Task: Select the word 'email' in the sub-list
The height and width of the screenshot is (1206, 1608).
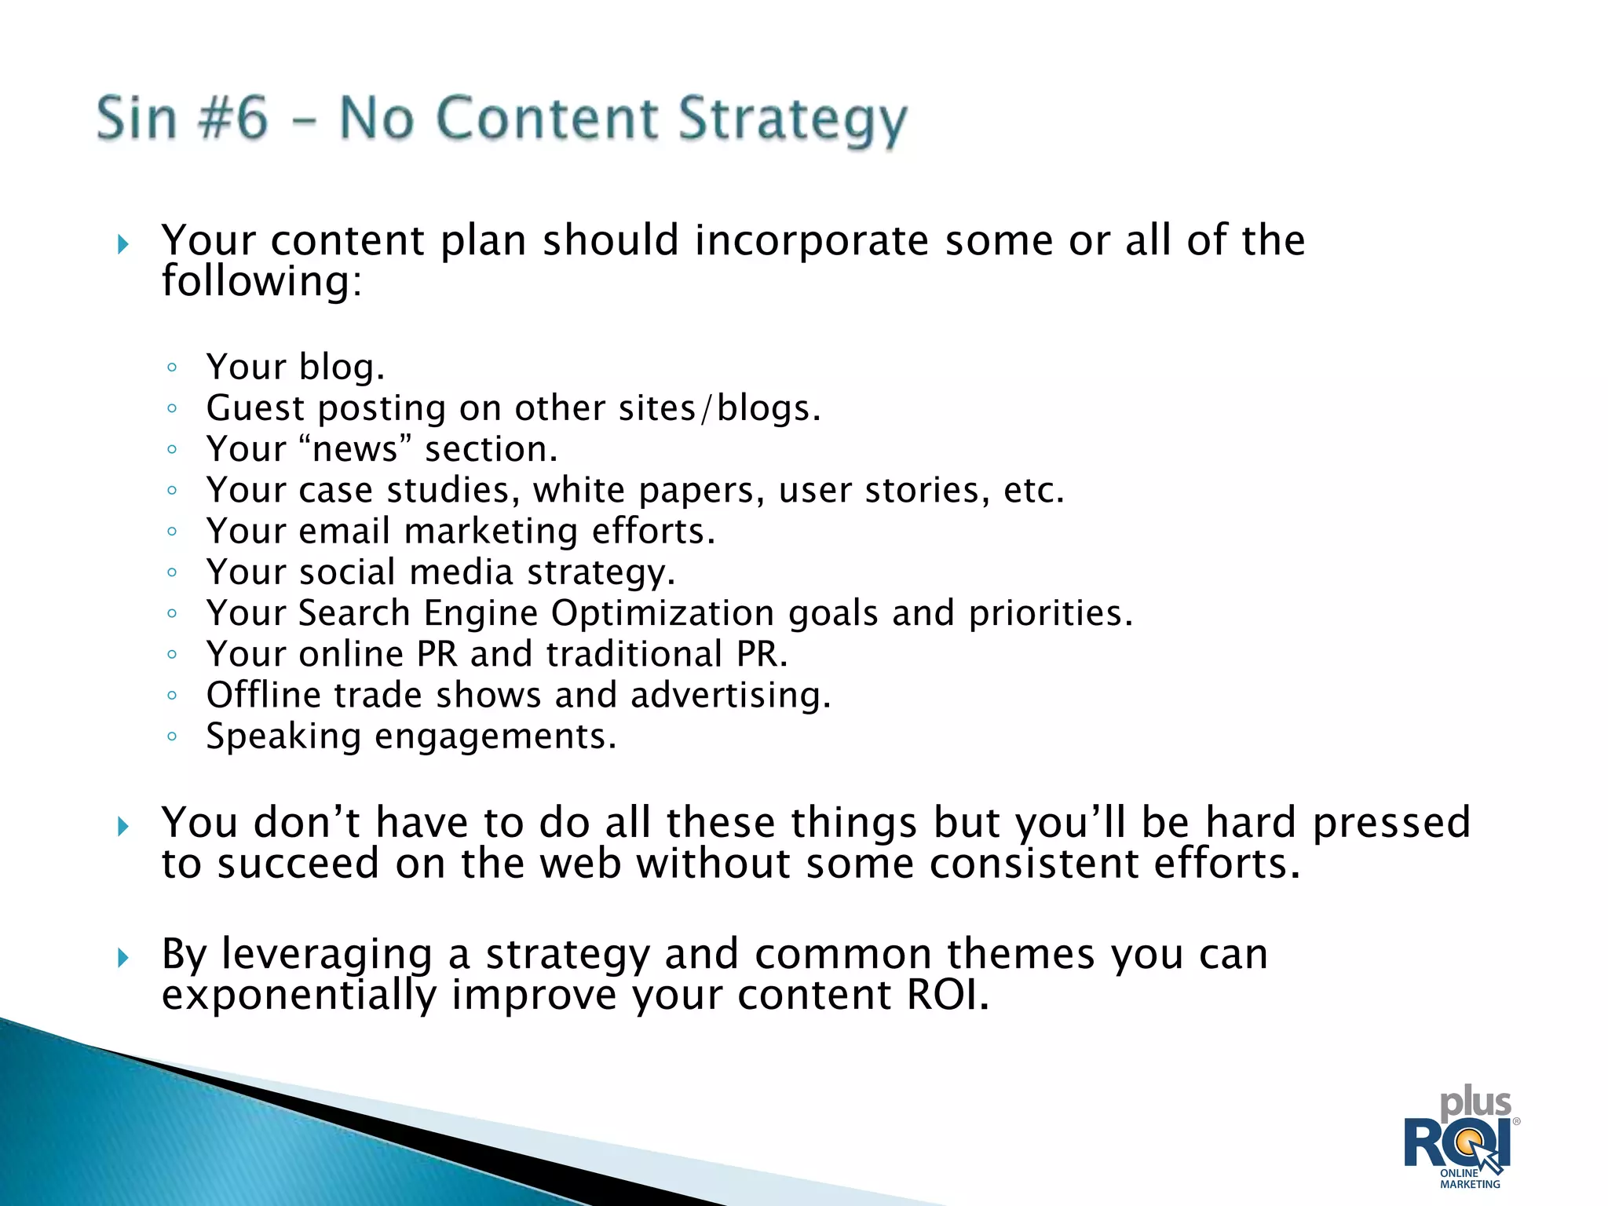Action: (x=344, y=531)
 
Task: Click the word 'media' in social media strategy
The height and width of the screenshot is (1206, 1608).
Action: (x=461, y=572)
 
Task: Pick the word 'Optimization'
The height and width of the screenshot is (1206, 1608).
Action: (x=662, y=613)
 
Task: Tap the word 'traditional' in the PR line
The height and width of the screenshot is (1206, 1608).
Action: (x=634, y=654)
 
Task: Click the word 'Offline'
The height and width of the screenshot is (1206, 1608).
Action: (x=263, y=695)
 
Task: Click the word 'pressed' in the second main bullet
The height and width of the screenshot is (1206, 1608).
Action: (x=1391, y=824)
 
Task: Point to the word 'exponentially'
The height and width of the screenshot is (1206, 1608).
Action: (x=298, y=996)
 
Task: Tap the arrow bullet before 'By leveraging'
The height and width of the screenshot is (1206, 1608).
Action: (x=122, y=957)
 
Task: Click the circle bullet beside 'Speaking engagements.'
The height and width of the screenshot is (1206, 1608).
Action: (x=172, y=736)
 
